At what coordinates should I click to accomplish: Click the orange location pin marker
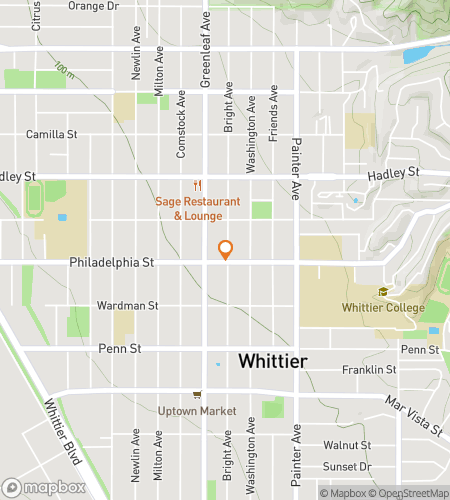coord(226,250)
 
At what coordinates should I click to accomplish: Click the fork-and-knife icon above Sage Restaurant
coord(198,185)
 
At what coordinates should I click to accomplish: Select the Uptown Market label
coord(197,411)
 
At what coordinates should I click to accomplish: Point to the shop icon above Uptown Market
coord(197,394)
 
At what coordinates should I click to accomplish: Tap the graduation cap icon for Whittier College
coord(382,292)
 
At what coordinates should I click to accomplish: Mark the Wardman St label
coord(125,305)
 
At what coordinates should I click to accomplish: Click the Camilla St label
coord(53,134)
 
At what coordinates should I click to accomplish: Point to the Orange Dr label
coord(92,6)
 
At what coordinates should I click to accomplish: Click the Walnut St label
coord(347,445)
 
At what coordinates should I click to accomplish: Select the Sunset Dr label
coord(346,466)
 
